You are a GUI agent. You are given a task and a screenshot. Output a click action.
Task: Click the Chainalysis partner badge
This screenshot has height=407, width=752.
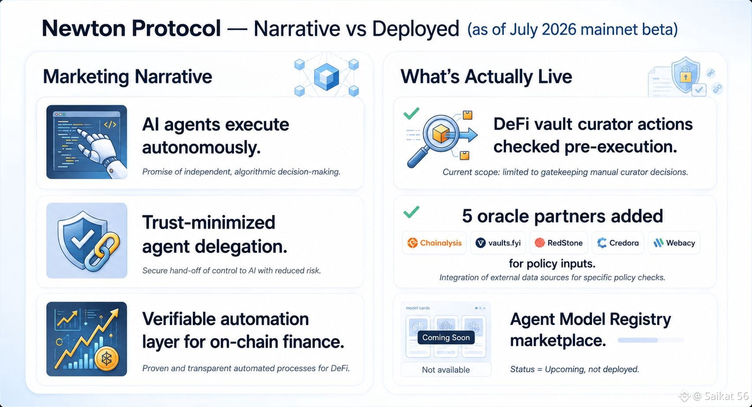434,243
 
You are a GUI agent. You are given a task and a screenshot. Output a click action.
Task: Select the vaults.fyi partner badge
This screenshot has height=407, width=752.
498,243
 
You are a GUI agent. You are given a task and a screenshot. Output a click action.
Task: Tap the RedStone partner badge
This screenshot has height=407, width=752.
559,243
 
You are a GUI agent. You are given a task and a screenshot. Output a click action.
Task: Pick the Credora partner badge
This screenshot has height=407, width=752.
618,243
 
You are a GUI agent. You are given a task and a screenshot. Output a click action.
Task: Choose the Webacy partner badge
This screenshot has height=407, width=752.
674,243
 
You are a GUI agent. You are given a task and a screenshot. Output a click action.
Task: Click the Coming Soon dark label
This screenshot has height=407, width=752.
446,337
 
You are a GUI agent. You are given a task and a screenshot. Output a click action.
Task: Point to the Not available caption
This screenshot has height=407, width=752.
446,369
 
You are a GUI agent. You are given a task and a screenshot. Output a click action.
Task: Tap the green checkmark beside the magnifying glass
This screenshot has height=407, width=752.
411,113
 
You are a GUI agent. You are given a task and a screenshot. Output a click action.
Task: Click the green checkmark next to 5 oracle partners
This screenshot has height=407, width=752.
411,212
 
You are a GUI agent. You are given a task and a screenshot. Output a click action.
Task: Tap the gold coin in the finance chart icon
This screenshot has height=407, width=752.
107,359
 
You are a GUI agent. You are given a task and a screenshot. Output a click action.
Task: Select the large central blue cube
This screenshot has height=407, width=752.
326,77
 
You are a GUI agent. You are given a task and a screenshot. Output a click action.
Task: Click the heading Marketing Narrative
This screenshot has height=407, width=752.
127,77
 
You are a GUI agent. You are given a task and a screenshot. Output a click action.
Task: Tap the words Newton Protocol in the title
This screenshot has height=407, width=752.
131,28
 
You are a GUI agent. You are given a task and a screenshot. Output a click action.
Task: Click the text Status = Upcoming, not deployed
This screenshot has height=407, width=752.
574,369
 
